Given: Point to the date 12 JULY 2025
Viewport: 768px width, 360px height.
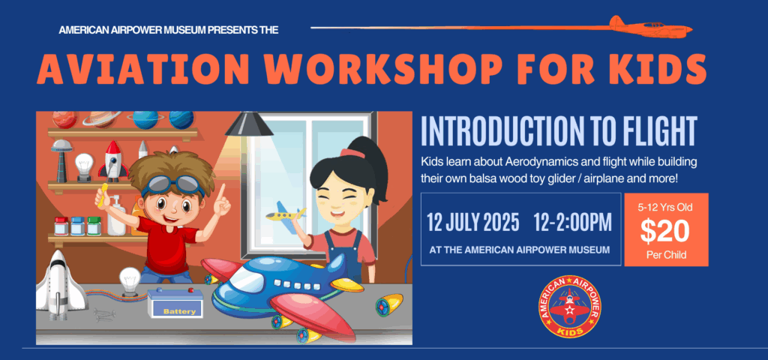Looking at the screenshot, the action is click(473, 223).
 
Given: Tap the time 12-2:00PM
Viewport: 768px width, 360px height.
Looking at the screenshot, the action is click(573, 223).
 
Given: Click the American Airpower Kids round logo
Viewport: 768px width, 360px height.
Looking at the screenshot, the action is click(570, 307).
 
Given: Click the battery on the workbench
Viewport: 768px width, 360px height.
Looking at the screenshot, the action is click(175, 304).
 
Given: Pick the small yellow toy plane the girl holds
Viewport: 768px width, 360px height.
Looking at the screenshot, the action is click(286, 213).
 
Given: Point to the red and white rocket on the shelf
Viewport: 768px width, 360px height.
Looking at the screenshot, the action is click(113, 161).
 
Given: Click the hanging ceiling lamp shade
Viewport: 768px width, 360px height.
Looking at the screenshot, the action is click(249, 124).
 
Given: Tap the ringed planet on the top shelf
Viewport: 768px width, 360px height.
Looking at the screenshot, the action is click(102, 118).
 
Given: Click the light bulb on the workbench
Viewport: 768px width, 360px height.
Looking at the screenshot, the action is click(130, 282).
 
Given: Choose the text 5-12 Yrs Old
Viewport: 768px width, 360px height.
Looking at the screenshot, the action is click(665, 207).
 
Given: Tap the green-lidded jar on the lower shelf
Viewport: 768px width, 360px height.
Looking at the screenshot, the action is click(94, 226).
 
